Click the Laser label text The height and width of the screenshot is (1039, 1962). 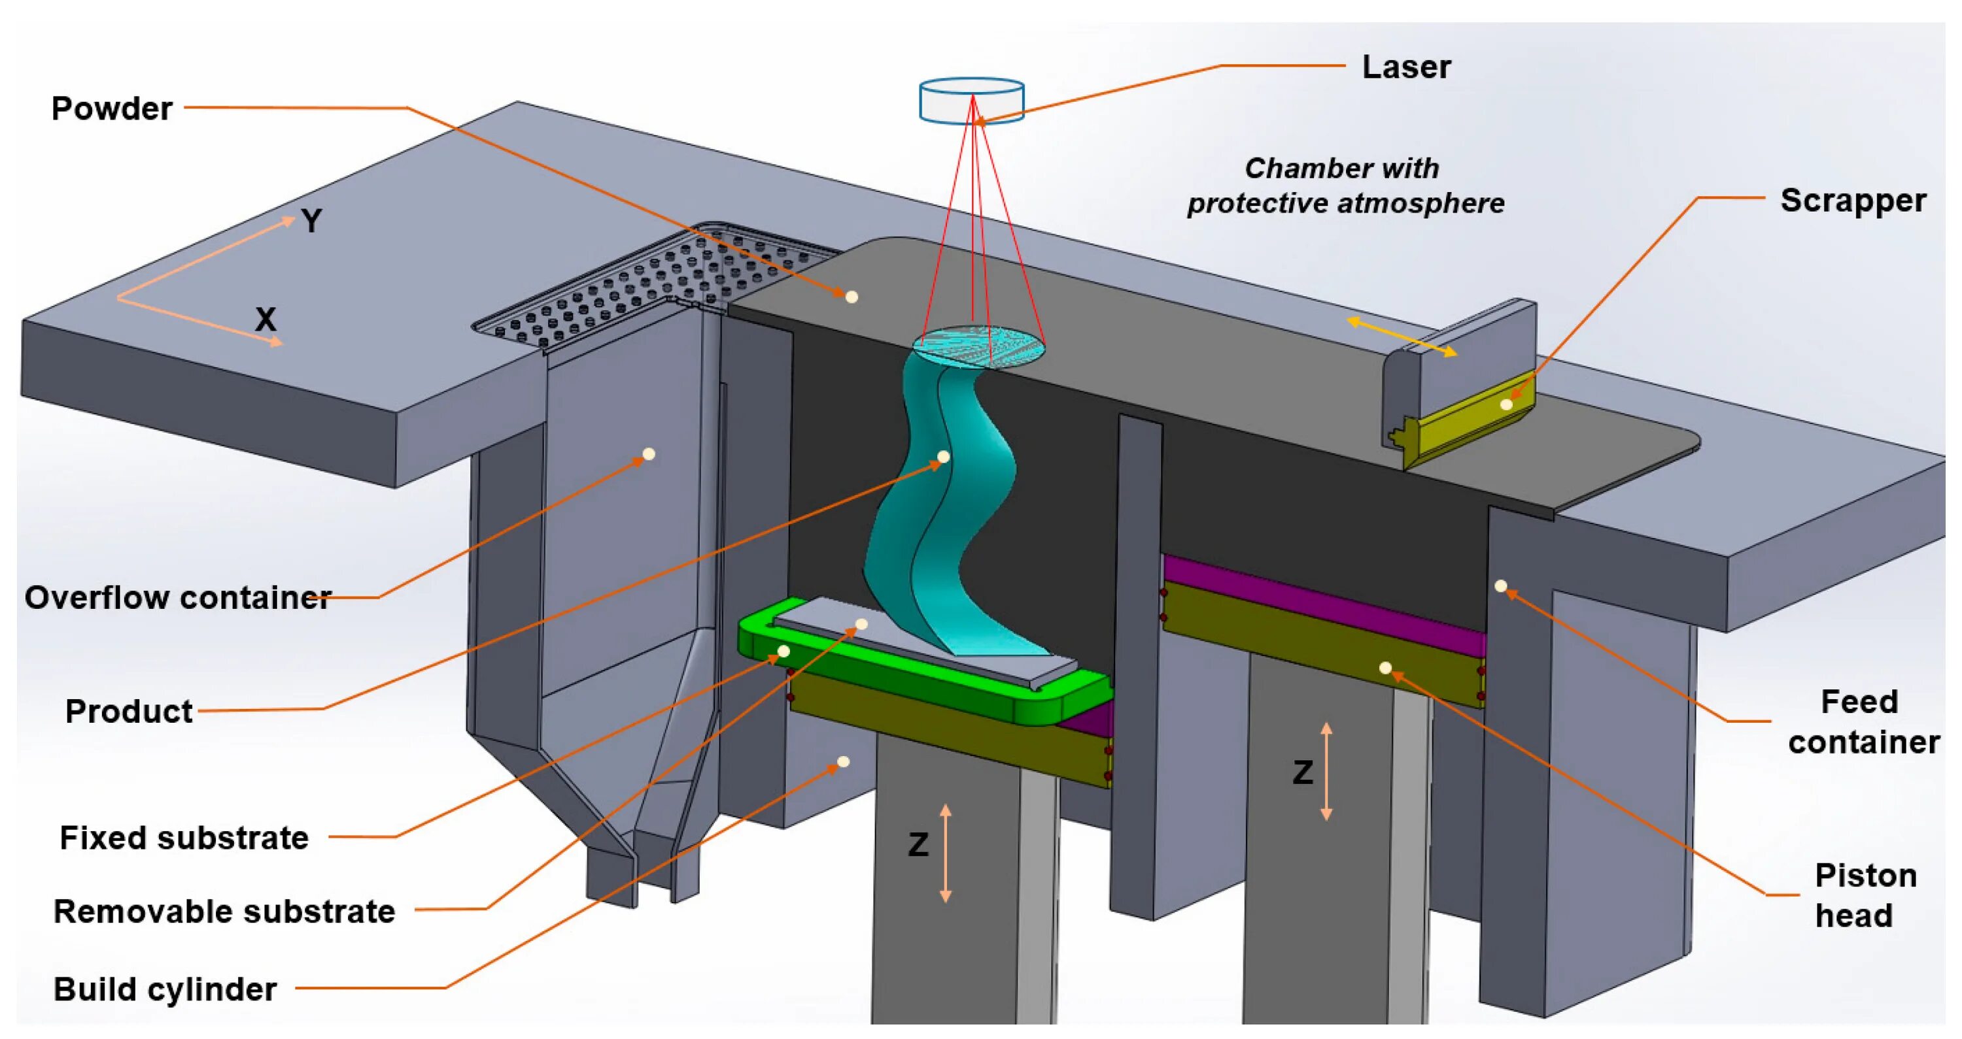coord(1406,67)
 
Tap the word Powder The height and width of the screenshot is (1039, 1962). coord(112,109)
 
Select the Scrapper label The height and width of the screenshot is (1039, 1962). coord(1852,201)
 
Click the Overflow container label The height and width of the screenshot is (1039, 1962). coord(177,597)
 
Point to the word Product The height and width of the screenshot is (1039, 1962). coord(129,712)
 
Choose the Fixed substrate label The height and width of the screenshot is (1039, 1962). coord(184,838)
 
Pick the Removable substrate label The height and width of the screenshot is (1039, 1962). coord(224,911)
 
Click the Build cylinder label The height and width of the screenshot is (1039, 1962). coord(165,989)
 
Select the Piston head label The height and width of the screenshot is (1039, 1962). coord(1865,896)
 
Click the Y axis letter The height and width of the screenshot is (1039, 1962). coord(311,222)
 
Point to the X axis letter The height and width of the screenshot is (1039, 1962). coord(265,319)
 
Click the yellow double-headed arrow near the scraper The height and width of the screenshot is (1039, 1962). coord(1402,337)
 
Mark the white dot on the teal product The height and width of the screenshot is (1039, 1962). coord(943,457)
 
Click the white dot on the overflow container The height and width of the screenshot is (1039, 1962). coord(649,454)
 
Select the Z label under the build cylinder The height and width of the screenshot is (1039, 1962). coord(919,845)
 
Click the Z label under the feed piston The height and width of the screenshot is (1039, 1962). coord(1302,772)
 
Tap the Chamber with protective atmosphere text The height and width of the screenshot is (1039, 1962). coord(1345,186)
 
